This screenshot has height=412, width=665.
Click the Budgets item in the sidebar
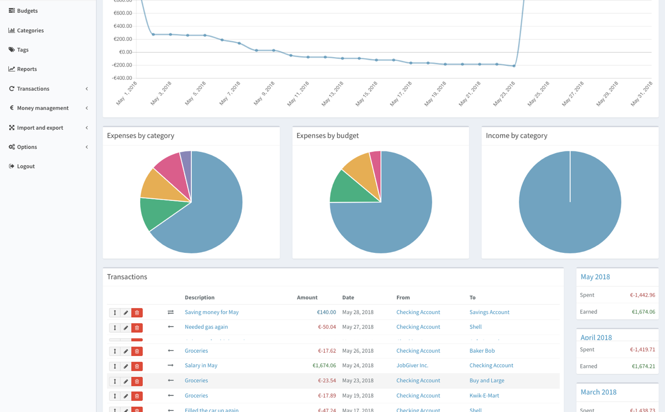(27, 11)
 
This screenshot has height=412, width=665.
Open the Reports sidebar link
(26, 69)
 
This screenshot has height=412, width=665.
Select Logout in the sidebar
(25, 166)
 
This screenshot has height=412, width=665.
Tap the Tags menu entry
(22, 50)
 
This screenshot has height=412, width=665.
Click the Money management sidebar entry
(42, 108)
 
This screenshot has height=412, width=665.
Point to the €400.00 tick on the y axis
(123, 26)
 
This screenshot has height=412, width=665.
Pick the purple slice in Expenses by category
(186, 159)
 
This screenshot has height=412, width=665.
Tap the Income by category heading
(516, 135)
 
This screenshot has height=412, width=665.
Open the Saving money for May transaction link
(211, 312)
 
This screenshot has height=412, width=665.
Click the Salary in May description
(201, 366)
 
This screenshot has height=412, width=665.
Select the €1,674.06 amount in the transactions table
(324, 366)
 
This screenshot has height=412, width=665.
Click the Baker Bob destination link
(481, 351)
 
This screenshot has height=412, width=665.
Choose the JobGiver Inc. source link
(412, 366)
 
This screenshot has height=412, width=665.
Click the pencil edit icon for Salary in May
(126, 366)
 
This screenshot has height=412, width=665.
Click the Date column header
(348, 298)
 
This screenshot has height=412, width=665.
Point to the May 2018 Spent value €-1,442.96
(642, 295)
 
